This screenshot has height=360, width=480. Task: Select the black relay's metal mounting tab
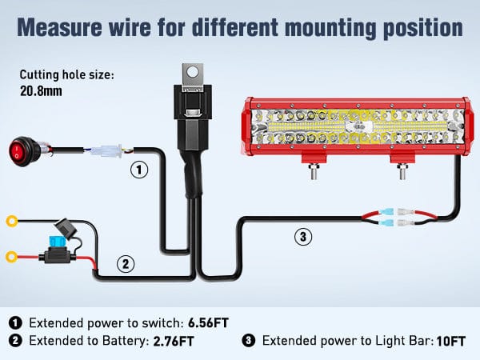point(190,74)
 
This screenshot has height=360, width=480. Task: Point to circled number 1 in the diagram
point(139,170)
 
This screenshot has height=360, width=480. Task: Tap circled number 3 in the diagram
point(302,236)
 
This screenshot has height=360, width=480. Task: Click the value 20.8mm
point(42,91)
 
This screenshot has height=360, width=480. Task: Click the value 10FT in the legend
point(450,342)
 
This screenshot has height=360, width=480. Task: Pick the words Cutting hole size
point(67,75)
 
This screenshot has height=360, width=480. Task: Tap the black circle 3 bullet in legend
point(249,342)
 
